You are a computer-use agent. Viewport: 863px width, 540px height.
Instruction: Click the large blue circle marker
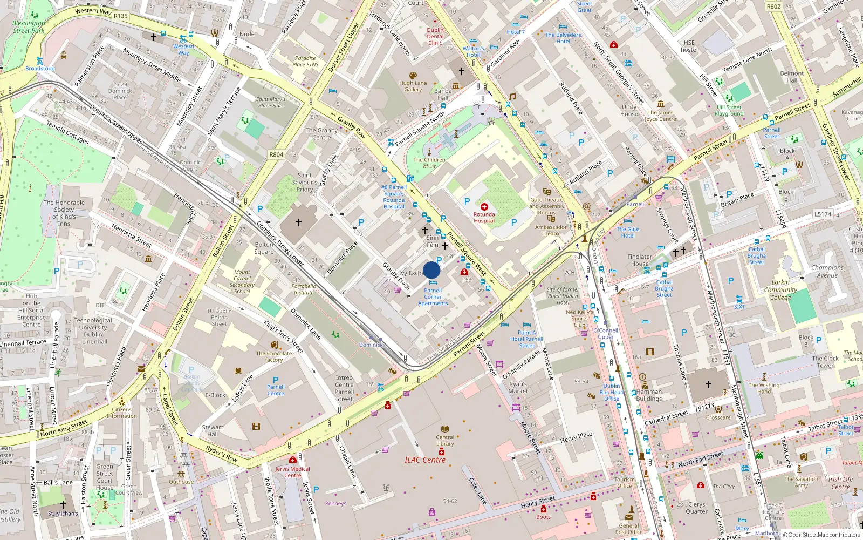point(432,270)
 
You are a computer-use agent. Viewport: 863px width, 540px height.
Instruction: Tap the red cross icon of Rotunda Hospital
point(484,207)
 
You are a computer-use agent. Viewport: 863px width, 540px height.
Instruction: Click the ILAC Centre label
point(425,460)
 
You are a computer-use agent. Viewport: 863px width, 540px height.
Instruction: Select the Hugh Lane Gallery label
point(413,86)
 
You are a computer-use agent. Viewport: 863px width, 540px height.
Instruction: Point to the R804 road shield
point(276,154)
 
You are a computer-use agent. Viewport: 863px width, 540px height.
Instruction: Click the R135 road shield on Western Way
point(121,16)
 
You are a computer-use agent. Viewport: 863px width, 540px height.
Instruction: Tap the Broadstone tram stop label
point(40,69)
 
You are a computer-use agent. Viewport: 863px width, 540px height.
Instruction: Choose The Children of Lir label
point(429,163)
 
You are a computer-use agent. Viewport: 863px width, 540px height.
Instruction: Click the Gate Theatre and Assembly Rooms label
point(546,206)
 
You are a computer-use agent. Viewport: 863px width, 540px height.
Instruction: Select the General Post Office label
point(629,528)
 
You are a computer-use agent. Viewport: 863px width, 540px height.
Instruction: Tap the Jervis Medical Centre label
point(292,472)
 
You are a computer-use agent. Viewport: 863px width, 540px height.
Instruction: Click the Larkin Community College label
point(780,289)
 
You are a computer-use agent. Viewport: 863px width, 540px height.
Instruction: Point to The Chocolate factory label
point(274,356)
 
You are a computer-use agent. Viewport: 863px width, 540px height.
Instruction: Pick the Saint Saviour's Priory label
point(305,182)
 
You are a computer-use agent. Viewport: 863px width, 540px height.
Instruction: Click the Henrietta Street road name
point(132,235)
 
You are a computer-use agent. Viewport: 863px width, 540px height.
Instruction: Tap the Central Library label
point(445,441)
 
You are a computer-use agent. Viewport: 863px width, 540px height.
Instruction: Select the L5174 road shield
point(823,214)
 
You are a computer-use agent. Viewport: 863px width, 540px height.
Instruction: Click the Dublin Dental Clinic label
point(435,37)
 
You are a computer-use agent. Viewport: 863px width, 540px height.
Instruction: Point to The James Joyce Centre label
point(660,116)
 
